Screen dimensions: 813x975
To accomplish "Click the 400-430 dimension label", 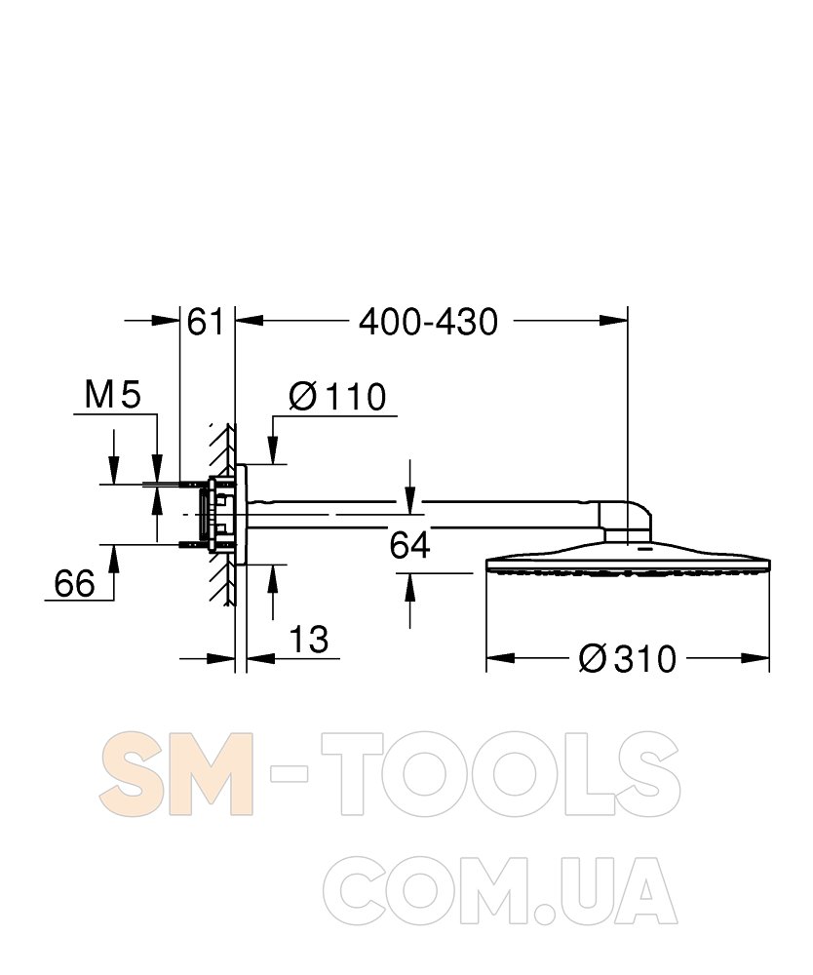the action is point(428,322).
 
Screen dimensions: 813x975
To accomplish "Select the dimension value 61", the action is point(205,322).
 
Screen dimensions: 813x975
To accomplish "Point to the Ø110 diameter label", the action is point(337,396).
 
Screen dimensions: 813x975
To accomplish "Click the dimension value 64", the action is point(409,545).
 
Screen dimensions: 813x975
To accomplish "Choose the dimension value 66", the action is point(75,583).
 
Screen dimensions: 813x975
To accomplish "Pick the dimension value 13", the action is point(308,640).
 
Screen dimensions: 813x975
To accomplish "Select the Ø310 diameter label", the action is point(627,658).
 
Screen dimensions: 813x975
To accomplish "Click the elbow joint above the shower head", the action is point(625,520).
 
